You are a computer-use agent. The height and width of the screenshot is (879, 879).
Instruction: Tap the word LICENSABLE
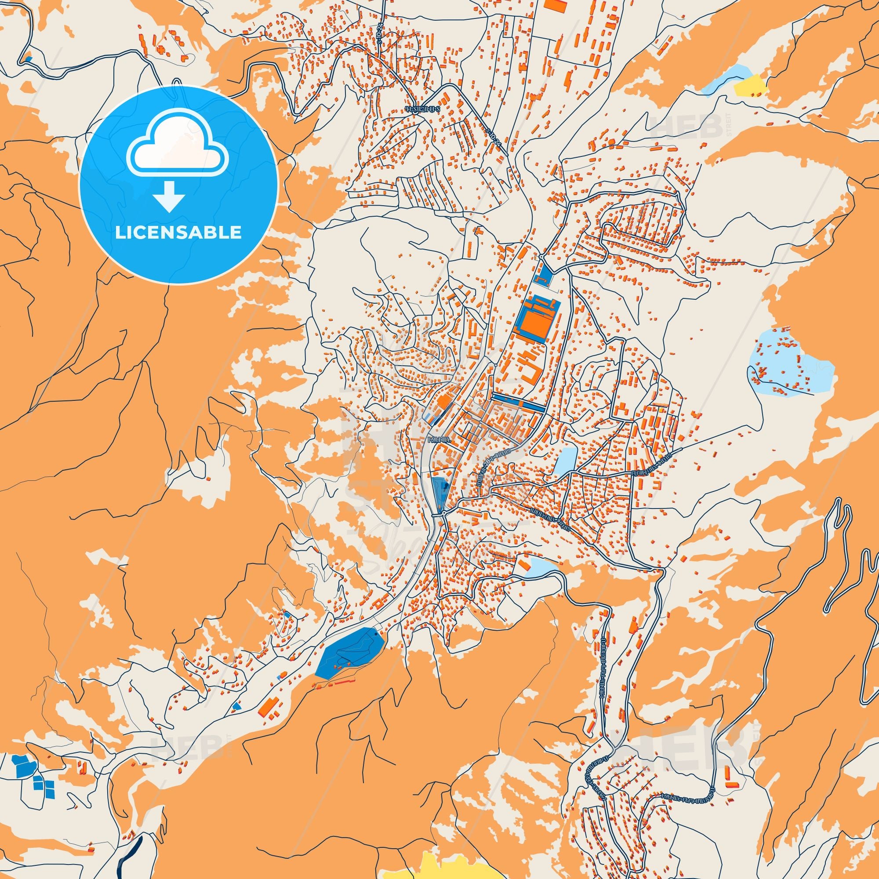[x=178, y=232]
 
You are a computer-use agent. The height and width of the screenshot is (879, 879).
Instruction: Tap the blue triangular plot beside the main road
[x=440, y=492]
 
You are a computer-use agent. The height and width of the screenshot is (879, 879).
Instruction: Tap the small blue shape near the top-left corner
[x=29, y=58]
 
